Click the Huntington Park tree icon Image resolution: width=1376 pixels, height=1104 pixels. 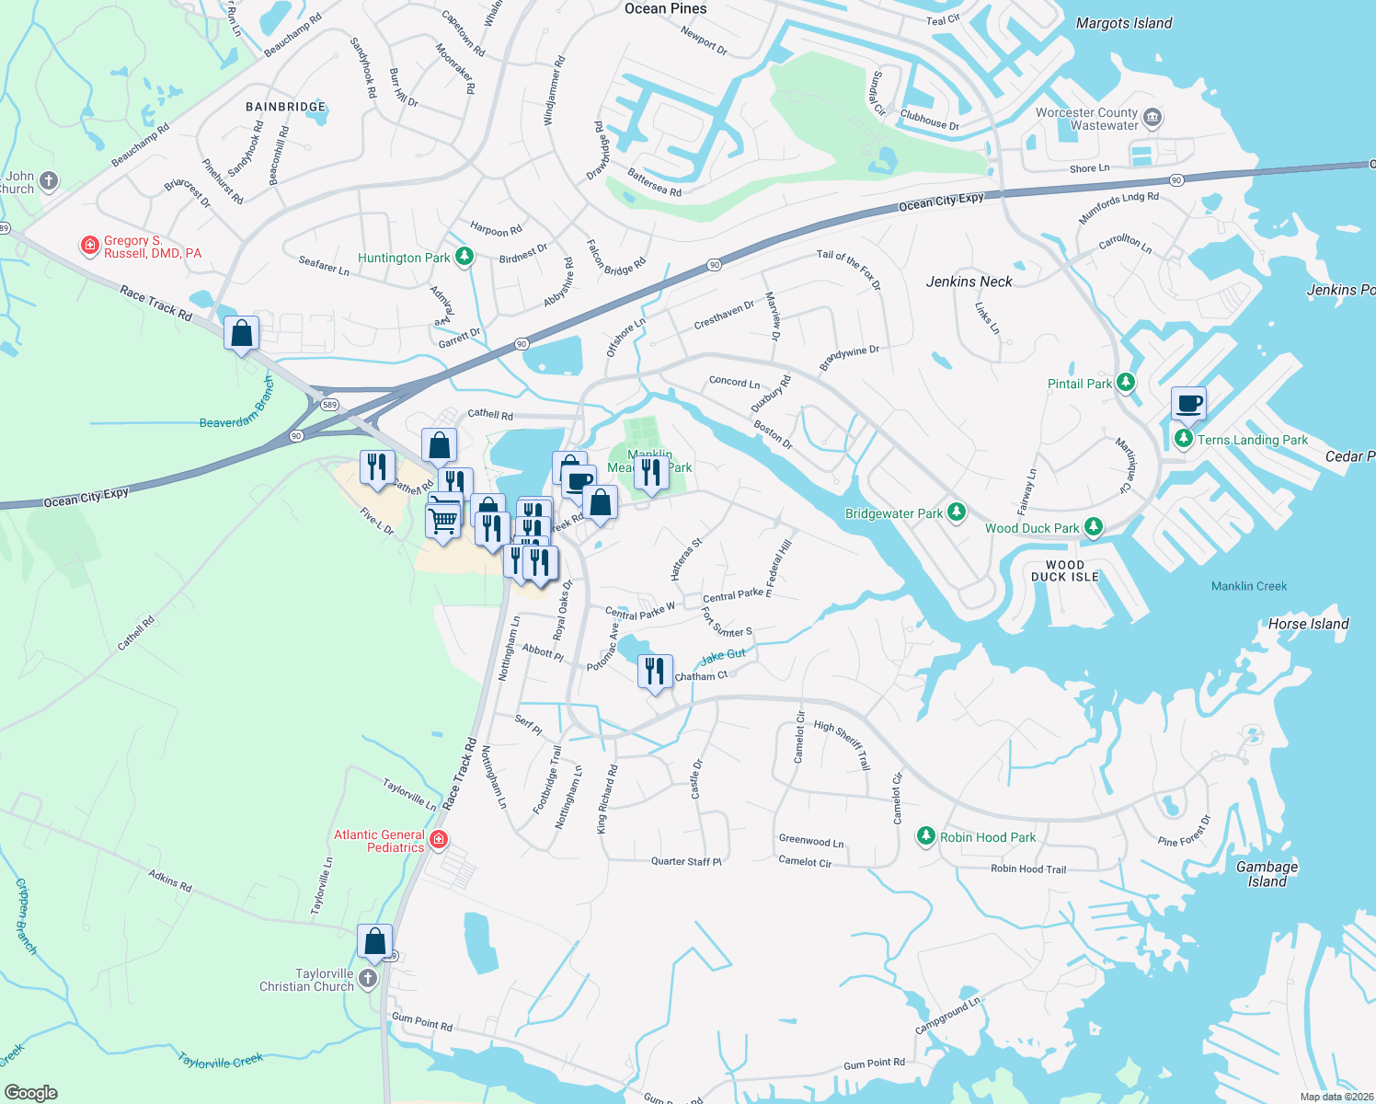coord(464,257)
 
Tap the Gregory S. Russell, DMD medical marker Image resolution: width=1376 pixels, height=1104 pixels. coord(90,245)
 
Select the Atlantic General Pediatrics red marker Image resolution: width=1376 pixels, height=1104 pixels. coord(439,839)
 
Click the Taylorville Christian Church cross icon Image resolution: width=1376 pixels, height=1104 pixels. coord(368,978)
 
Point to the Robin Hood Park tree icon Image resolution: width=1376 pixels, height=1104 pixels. coord(926,836)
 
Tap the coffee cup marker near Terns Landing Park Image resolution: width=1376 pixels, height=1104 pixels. coord(1188,403)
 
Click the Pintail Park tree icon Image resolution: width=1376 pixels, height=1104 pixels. coord(1126,383)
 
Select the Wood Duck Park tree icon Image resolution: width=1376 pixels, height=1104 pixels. coord(1093,527)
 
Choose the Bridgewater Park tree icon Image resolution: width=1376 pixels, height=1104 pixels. coord(957,512)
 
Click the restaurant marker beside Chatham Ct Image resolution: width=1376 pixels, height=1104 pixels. coord(655,672)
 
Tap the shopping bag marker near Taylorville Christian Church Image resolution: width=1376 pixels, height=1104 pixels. coord(374,942)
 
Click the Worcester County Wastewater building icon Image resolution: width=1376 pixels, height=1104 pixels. coord(1152,119)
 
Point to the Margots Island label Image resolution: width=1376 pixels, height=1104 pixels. coord(1124,23)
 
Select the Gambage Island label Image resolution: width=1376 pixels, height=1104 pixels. coord(1267,874)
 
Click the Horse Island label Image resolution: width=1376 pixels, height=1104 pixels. coord(1308,624)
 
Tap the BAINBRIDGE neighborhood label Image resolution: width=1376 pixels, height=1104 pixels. coord(285,107)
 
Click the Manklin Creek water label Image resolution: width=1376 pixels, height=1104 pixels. coord(1248,586)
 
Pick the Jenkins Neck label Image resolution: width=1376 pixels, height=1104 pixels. coord(969,282)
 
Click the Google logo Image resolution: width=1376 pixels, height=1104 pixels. coord(31,1092)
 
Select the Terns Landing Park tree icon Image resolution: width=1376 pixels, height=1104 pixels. coord(1184,439)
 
